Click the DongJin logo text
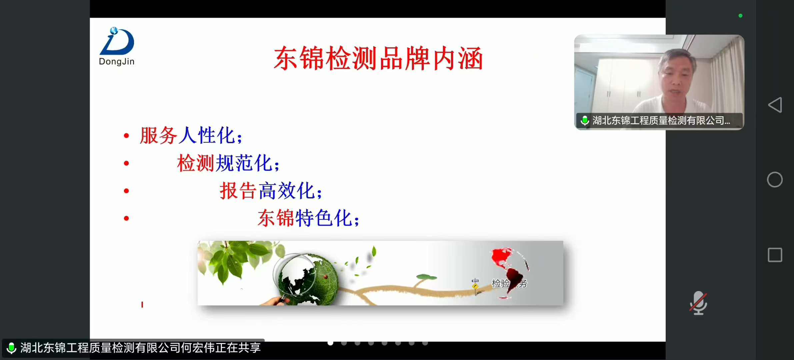coord(117,62)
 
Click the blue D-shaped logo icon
coord(117,41)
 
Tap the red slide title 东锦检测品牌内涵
coord(378,58)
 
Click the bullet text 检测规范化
coord(228,163)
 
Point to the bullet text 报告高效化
coord(271,191)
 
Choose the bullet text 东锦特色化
coord(308,218)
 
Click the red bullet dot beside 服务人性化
coord(126,136)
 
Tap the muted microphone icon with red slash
coord(698,303)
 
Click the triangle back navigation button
coord(775,105)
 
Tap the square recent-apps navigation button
coord(775,255)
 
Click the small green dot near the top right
coord(740,16)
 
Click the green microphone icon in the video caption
coord(585,120)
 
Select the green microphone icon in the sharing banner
coord(11,348)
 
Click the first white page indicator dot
coord(330,343)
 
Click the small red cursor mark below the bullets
coord(142,305)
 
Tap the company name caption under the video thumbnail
coord(661,120)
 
